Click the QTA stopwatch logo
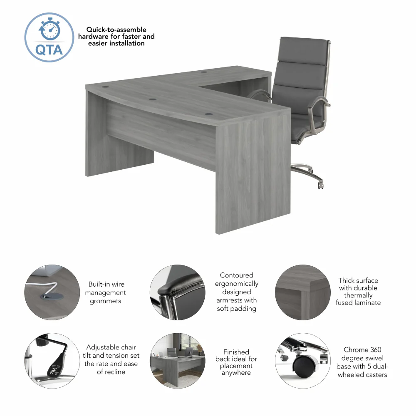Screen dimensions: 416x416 tap(49, 37)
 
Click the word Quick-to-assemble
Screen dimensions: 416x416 tap(116, 30)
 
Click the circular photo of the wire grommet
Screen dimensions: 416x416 tap(52, 292)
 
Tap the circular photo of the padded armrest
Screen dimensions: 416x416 tap(178, 292)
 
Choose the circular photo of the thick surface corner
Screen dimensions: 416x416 tap(303, 292)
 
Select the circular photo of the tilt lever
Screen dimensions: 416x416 tap(52, 360)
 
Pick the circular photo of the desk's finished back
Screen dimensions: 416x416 tap(178, 360)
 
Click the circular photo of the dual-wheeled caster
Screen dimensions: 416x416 tap(303, 360)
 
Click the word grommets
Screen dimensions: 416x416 tap(106, 301)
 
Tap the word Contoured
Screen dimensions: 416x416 tap(236, 275)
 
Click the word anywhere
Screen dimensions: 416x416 tap(236, 373)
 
